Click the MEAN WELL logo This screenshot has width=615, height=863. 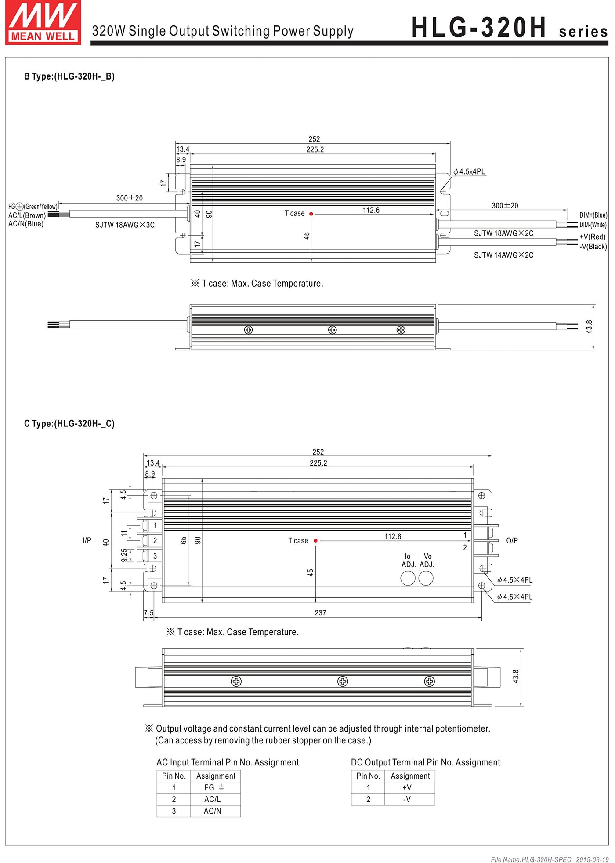point(43,22)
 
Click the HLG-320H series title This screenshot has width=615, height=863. point(509,28)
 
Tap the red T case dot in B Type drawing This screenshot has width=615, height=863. point(311,214)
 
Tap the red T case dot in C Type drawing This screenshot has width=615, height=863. point(315,541)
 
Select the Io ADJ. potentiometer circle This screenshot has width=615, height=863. point(408,578)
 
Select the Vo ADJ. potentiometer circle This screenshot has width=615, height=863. point(426,578)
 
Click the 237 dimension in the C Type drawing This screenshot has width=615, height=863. point(320,613)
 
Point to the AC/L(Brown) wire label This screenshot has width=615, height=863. point(27,215)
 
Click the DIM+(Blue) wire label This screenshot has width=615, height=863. point(593,215)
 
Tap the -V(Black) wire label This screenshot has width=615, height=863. point(593,247)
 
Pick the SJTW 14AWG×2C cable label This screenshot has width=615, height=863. point(503,255)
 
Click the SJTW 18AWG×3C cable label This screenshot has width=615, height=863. point(125,225)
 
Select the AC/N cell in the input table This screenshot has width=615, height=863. point(213,811)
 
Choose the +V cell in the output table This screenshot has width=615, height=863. point(407,787)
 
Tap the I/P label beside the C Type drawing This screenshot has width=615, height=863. point(87,540)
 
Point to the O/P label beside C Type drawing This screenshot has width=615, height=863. point(512,540)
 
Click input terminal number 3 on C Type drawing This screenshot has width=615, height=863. point(155,556)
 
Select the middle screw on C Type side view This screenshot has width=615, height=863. point(342,681)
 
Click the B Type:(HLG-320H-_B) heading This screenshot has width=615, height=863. point(69,76)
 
